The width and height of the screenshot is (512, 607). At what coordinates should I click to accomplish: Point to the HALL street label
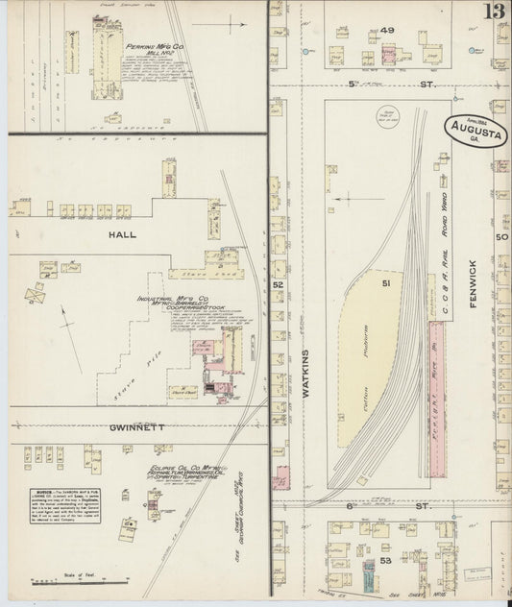click(123, 233)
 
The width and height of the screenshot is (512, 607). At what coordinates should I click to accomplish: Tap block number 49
click(387, 31)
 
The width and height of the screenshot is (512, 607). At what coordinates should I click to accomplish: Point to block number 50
click(500, 235)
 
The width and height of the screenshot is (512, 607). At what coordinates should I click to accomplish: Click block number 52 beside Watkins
click(278, 285)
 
